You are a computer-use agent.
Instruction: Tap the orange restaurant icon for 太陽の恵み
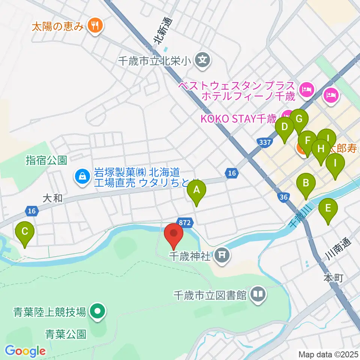pos(93,25)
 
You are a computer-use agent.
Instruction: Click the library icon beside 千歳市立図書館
pos(258,294)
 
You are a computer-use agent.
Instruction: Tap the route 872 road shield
pos(185,223)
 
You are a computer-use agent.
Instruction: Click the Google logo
pos(25,351)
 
